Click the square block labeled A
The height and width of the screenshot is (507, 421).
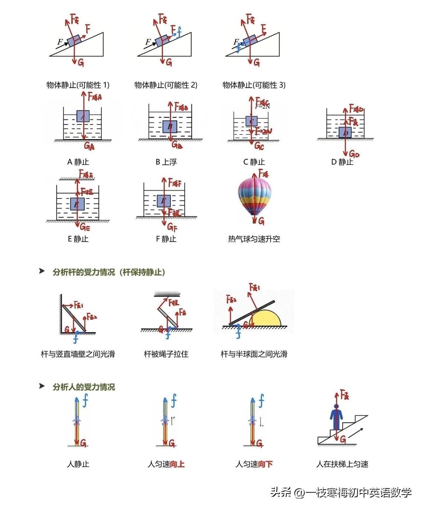[83, 116]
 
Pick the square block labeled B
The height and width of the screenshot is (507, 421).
[170, 126]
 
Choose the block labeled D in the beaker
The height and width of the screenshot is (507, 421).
[345, 133]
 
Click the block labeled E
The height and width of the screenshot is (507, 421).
[77, 204]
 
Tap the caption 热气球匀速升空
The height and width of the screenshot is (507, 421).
[254, 239]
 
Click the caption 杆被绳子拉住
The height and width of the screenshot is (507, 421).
[166, 354]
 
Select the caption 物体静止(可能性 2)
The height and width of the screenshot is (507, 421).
[166, 85]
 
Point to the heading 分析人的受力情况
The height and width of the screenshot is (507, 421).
[84, 387]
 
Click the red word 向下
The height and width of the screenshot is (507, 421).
[265, 464]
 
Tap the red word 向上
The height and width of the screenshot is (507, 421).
[177, 464]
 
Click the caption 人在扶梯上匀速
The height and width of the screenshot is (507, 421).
[342, 464]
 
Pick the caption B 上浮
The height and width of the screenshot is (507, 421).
[166, 162]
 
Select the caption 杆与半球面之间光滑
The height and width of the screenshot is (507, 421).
[254, 354]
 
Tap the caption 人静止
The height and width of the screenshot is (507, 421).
[78, 464]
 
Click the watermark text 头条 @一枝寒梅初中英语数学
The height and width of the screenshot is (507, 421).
[341, 493]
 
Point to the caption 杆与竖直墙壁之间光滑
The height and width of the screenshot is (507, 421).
[78, 354]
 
